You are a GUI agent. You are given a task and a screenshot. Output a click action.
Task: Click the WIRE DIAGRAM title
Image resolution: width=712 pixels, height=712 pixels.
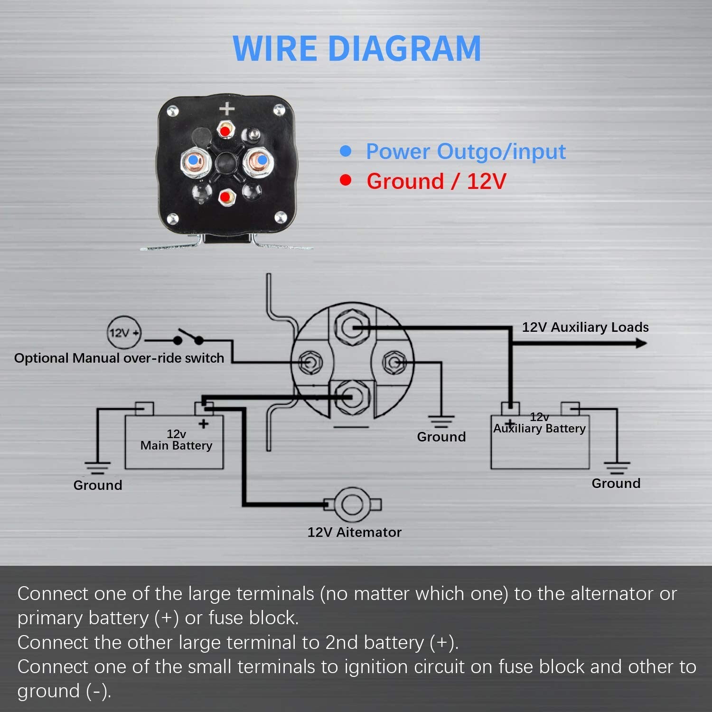pyautogui.click(x=357, y=48)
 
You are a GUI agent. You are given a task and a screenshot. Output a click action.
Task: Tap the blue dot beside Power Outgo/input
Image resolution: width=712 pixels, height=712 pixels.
pyautogui.click(x=346, y=151)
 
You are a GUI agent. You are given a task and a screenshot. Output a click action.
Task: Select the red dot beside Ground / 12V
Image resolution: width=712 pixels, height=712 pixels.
pyautogui.click(x=346, y=180)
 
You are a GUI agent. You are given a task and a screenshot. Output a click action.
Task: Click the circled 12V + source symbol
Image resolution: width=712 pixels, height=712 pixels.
pyautogui.click(x=123, y=332)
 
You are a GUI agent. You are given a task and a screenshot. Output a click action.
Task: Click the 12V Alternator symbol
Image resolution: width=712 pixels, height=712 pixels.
pyautogui.click(x=352, y=504)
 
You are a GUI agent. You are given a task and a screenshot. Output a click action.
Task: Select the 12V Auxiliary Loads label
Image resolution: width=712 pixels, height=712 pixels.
pyautogui.click(x=585, y=327)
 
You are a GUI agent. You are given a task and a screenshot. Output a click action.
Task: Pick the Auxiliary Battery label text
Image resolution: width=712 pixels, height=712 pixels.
pyautogui.click(x=539, y=428)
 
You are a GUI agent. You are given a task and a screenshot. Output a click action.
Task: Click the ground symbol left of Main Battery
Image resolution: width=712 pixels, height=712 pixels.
pyautogui.click(x=97, y=468)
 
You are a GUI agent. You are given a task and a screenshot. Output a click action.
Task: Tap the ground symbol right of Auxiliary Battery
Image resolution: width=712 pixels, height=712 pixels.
pyautogui.click(x=617, y=468)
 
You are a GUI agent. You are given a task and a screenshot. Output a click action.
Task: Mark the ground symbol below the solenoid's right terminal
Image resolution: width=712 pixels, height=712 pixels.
pyautogui.click(x=441, y=421)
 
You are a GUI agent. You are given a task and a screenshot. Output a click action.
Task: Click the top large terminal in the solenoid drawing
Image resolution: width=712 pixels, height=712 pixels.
pyautogui.click(x=352, y=328)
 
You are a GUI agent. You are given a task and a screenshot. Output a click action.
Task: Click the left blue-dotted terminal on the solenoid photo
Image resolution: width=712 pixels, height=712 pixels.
pyautogui.click(x=193, y=161)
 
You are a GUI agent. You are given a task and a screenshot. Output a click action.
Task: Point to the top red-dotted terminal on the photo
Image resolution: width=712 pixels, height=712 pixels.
pyautogui.click(x=225, y=130)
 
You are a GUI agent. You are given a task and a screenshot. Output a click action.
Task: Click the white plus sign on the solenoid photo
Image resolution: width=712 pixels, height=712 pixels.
pyautogui.click(x=227, y=109)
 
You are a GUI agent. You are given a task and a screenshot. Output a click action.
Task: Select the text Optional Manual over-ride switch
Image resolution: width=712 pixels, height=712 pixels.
pyautogui.click(x=119, y=358)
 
